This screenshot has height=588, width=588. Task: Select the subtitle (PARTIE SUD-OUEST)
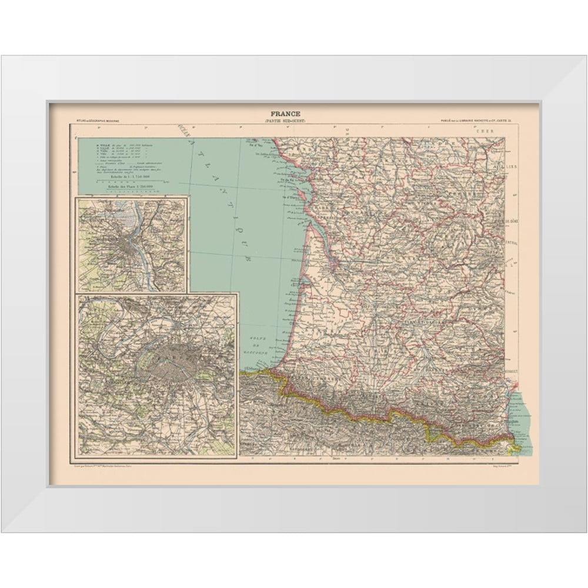coord(285,121)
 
